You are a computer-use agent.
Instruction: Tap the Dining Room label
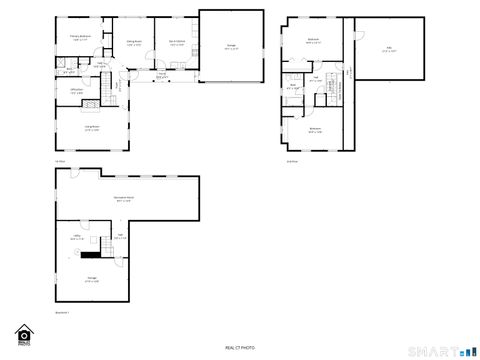pos(133,42)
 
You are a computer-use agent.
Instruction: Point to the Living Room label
pos(91,129)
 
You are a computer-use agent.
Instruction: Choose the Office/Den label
pos(76,91)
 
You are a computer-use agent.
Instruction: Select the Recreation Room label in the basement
pos(123,199)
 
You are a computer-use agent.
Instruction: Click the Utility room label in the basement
pos(77,238)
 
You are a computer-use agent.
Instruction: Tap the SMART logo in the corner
pos(445,349)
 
